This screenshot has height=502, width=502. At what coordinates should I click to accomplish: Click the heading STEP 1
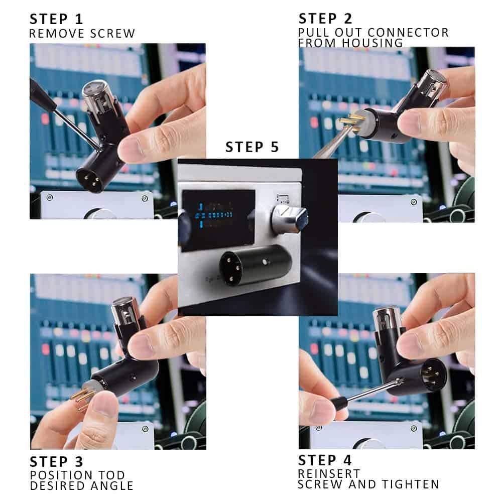tap(56, 19)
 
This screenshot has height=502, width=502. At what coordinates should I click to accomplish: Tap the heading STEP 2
tap(325, 19)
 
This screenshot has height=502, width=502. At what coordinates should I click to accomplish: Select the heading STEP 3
tap(56, 462)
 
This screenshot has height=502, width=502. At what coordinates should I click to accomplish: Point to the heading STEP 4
tap(325, 460)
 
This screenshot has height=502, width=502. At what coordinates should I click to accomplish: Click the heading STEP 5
tap(253, 147)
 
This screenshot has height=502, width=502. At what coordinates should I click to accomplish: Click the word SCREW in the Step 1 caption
tap(112, 33)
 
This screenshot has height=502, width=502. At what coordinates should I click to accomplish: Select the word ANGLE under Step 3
tap(112, 485)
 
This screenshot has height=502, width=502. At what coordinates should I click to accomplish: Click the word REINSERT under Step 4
tap(329, 473)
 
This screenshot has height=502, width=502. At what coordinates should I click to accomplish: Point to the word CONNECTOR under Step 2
tap(408, 32)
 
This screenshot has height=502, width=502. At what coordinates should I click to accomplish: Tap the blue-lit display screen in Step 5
tap(219, 220)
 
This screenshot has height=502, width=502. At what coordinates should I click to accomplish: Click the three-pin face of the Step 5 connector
tap(232, 268)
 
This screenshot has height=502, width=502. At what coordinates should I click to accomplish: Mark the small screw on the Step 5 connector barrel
tap(264, 262)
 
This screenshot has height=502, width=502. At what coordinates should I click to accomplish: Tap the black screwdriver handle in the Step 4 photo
tap(340, 404)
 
